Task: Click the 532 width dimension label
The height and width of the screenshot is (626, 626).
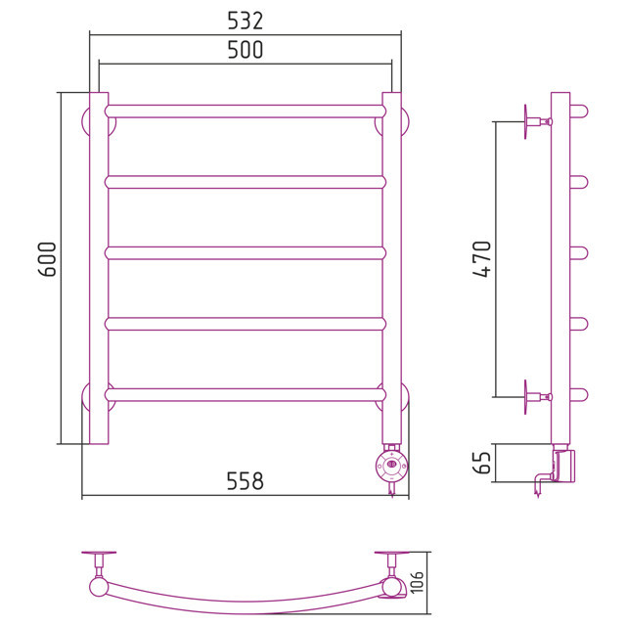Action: click(x=246, y=22)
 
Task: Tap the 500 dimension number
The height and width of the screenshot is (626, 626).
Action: click(x=246, y=50)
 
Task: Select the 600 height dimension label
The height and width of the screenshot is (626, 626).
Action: click(x=47, y=259)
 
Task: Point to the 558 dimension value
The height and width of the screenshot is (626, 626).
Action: click(x=246, y=481)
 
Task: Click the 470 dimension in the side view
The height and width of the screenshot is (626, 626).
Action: click(x=481, y=258)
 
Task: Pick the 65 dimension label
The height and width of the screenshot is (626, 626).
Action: click(x=481, y=463)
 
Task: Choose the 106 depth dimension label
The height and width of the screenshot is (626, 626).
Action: click(x=417, y=582)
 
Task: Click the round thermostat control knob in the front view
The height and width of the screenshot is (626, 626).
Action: click(x=392, y=465)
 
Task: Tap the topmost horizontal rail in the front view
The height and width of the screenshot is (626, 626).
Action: click(x=246, y=112)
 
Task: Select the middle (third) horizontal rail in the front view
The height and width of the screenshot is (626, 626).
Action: click(x=246, y=253)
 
